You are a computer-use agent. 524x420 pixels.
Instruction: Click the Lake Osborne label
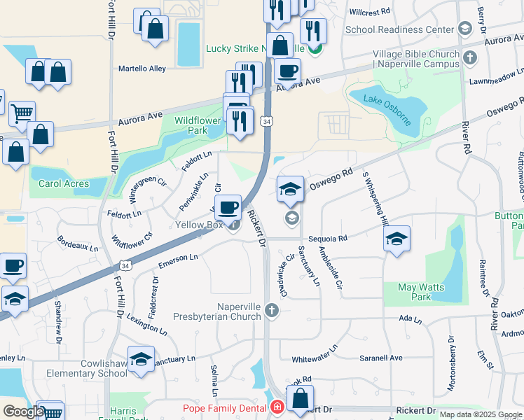387,108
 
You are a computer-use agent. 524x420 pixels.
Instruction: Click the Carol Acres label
64,183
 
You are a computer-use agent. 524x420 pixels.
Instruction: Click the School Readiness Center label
400,29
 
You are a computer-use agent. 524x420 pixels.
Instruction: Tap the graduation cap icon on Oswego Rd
290,188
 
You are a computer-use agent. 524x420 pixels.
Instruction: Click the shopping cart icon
22,112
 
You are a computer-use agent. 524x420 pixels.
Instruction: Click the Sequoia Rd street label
333,238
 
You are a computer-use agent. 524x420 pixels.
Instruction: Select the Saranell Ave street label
381,358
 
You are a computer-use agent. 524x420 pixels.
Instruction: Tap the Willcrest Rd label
369,12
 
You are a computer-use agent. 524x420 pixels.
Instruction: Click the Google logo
23,412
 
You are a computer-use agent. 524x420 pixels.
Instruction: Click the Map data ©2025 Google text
479,414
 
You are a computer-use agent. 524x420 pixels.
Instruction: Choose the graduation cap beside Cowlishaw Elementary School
141,358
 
